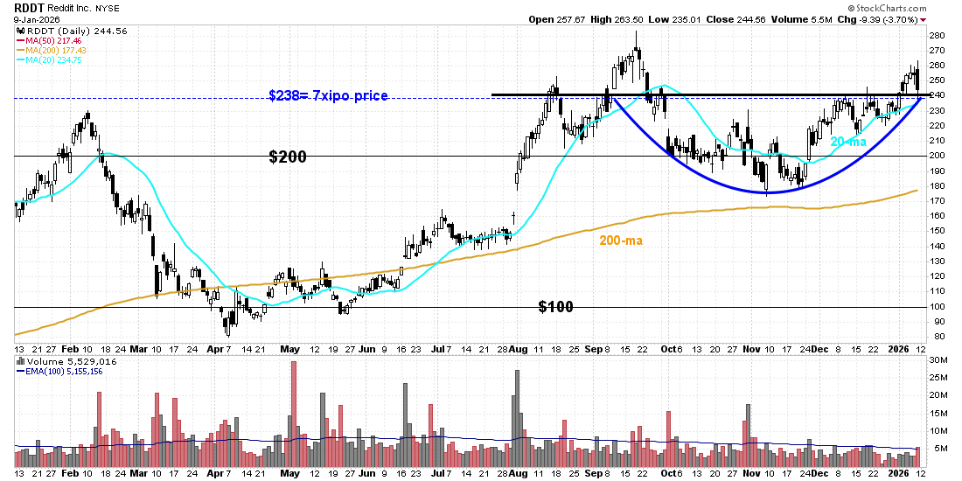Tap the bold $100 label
[x=555, y=307]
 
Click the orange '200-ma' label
[x=621, y=240]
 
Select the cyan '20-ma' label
[x=847, y=142]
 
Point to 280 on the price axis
[x=936, y=35]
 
